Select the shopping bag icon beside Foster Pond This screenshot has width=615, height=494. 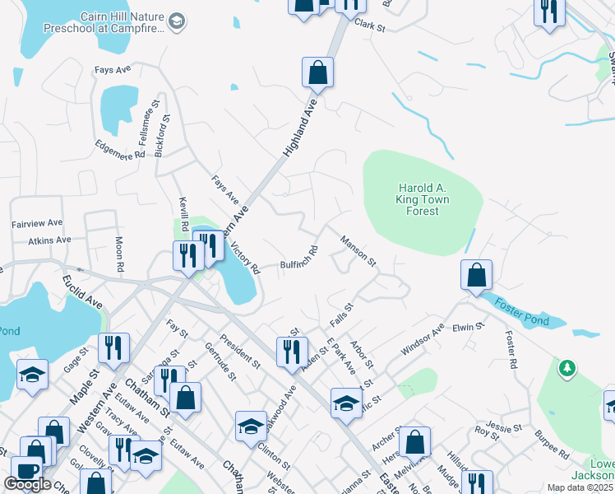pyautogui.click(x=476, y=276)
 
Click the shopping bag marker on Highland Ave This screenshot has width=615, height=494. pyautogui.click(x=317, y=73)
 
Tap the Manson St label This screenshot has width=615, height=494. pyautogui.click(x=358, y=251)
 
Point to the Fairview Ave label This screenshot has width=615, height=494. pyautogui.click(x=37, y=223)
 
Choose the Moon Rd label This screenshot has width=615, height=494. pyautogui.click(x=119, y=255)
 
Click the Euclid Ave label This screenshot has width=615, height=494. pyautogui.click(x=82, y=292)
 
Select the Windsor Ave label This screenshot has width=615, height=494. pyautogui.click(x=422, y=339)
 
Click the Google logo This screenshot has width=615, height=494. pyautogui.click(x=28, y=484)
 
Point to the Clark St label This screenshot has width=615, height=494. pyautogui.click(x=370, y=26)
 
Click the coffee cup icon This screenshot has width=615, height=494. pyautogui.click(x=25, y=471)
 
